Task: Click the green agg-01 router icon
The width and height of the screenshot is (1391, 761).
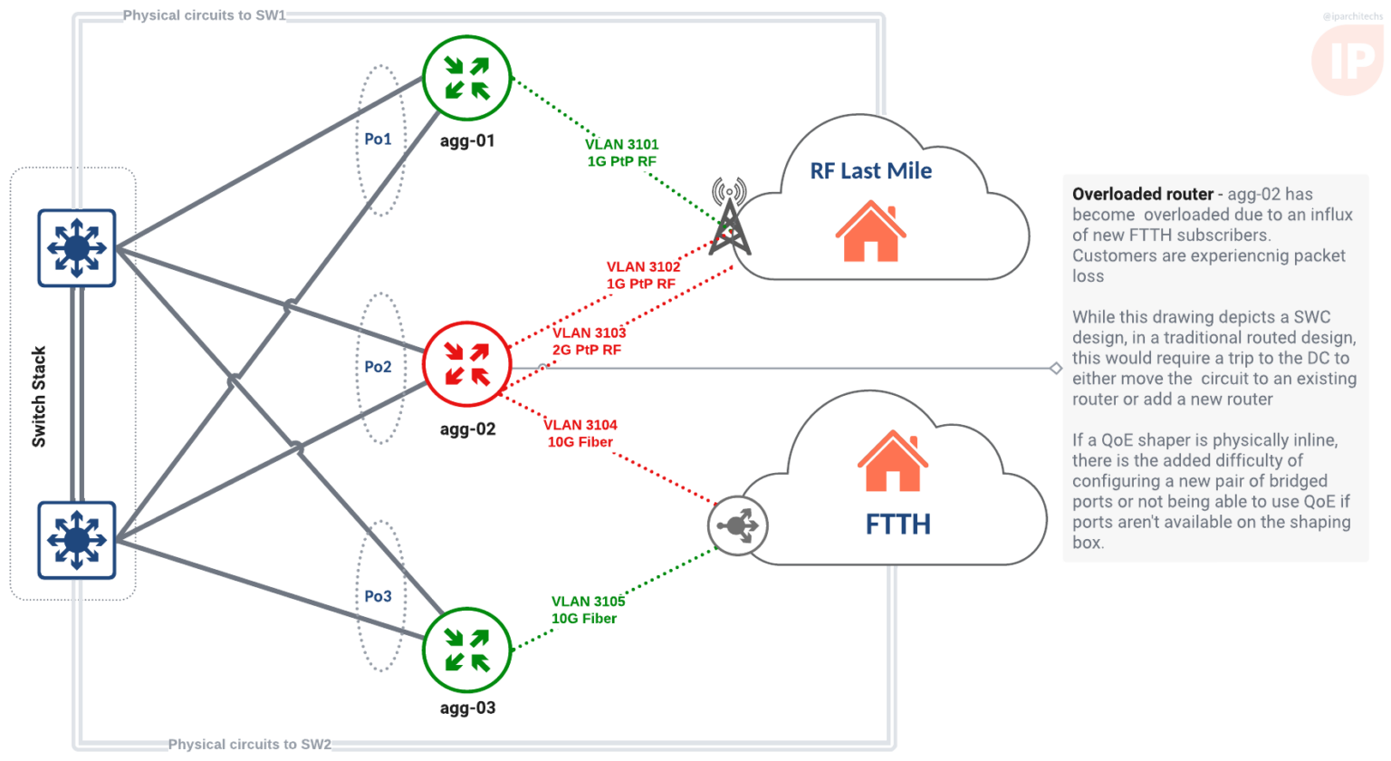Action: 466,78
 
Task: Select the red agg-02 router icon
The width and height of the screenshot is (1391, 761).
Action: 466,364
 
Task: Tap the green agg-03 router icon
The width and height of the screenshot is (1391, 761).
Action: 466,650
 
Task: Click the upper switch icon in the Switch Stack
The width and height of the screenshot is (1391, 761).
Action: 77,248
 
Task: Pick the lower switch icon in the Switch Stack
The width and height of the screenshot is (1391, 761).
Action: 77,540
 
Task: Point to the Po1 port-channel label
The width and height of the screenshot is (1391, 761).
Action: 378,140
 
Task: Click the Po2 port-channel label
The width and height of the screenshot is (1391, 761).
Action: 378,367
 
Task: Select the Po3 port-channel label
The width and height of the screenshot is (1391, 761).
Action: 378,596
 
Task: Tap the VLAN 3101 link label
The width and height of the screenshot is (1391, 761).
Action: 621,153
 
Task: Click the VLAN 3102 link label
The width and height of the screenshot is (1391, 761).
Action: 642,275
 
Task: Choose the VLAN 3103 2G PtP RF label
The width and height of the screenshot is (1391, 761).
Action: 589,342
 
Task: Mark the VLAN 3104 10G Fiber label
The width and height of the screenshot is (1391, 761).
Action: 580,433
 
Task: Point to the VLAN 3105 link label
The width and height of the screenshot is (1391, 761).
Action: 587,610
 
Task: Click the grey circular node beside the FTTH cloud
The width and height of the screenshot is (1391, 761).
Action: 737,525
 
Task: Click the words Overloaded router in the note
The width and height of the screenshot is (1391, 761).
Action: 1142,194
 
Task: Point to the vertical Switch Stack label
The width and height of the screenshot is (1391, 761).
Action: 39,397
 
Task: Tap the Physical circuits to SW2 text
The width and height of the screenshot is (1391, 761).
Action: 250,744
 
